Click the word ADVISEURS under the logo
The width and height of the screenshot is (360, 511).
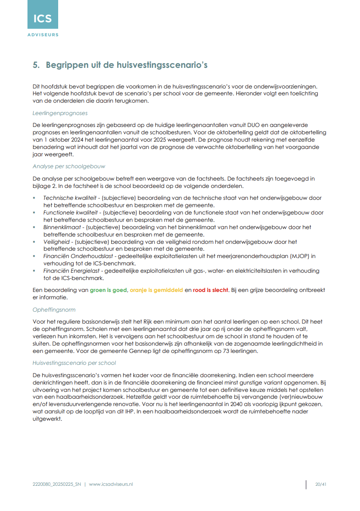(43, 34)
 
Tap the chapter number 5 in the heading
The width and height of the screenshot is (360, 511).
(35, 65)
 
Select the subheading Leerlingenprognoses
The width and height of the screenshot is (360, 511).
(60, 113)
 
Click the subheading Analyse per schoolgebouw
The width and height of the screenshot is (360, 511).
(69, 166)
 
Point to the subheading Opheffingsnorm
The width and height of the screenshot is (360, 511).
(54, 309)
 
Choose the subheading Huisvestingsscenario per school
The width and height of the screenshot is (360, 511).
(74, 363)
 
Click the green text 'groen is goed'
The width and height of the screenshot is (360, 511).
(108, 290)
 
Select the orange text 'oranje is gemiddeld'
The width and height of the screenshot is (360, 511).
(156, 290)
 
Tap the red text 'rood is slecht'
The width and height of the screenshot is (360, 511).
(211, 290)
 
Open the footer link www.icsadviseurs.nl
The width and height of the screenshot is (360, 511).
(111, 484)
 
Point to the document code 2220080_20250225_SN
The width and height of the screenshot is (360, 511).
(57, 484)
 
